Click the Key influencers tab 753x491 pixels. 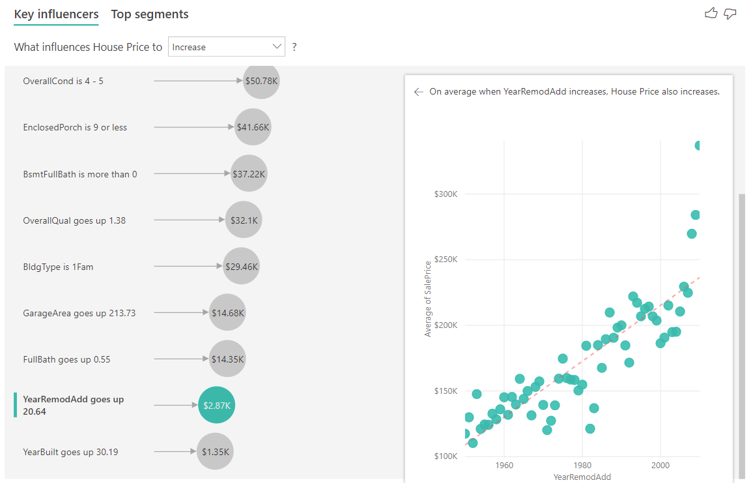[56, 14]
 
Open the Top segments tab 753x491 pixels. [150, 14]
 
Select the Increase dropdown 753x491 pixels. [226, 47]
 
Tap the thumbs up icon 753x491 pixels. [711, 13]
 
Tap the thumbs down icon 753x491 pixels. [730, 13]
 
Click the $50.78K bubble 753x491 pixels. [261, 82]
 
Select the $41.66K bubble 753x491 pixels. [253, 128]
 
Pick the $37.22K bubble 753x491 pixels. [249, 174]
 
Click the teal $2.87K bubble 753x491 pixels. [216, 406]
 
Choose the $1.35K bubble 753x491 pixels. [215, 452]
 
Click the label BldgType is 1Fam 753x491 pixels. [58, 267]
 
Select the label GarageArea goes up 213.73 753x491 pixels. [79, 313]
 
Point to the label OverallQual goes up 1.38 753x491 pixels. [74, 220]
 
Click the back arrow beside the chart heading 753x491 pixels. [418, 92]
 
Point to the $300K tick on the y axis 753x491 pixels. [446, 194]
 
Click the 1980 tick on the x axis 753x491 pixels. [582, 466]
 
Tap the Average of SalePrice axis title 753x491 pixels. [428, 299]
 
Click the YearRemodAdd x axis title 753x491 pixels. [582, 477]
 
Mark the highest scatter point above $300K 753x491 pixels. [698, 145]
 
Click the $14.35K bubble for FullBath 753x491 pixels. [227, 359]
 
